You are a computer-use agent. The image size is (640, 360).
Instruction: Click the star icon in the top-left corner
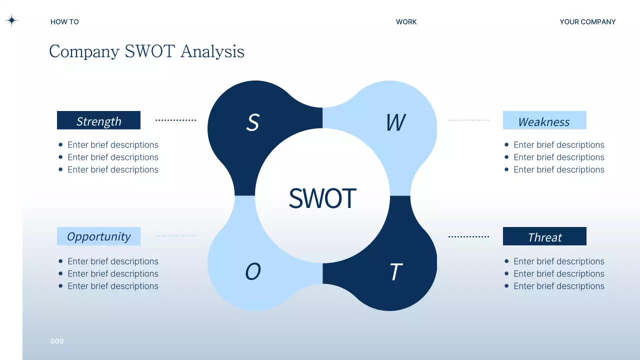[x=11, y=20]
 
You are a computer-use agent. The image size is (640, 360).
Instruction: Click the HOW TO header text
[x=64, y=22]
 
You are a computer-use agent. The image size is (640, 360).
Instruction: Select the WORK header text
[x=406, y=22]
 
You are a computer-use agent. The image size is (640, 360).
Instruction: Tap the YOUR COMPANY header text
[x=587, y=22]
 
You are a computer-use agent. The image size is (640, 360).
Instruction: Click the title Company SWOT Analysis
[x=146, y=51]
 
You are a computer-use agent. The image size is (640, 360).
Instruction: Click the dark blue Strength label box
[x=98, y=120]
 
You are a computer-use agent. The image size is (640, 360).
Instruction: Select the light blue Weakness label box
[x=544, y=120]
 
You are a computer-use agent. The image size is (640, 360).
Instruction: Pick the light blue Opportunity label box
[x=98, y=236]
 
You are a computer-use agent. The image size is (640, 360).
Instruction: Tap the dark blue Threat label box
[x=544, y=236]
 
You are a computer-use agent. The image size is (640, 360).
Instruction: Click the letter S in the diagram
[x=253, y=122]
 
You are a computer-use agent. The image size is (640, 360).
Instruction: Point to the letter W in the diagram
[x=395, y=122]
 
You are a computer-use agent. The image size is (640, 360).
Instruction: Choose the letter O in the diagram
[x=253, y=272]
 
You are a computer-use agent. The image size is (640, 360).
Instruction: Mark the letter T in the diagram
[x=395, y=272]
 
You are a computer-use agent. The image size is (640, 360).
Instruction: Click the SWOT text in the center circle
[x=322, y=198]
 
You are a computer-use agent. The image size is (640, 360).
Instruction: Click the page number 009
[x=57, y=341]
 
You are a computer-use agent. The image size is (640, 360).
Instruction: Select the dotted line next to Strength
[x=175, y=120]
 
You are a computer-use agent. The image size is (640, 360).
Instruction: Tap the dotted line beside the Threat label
[x=468, y=236]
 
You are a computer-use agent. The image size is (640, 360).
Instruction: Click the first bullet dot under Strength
[x=60, y=145]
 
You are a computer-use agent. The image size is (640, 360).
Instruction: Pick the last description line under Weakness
[x=558, y=170]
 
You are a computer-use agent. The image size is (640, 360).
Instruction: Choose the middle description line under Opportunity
[x=112, y=274]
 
